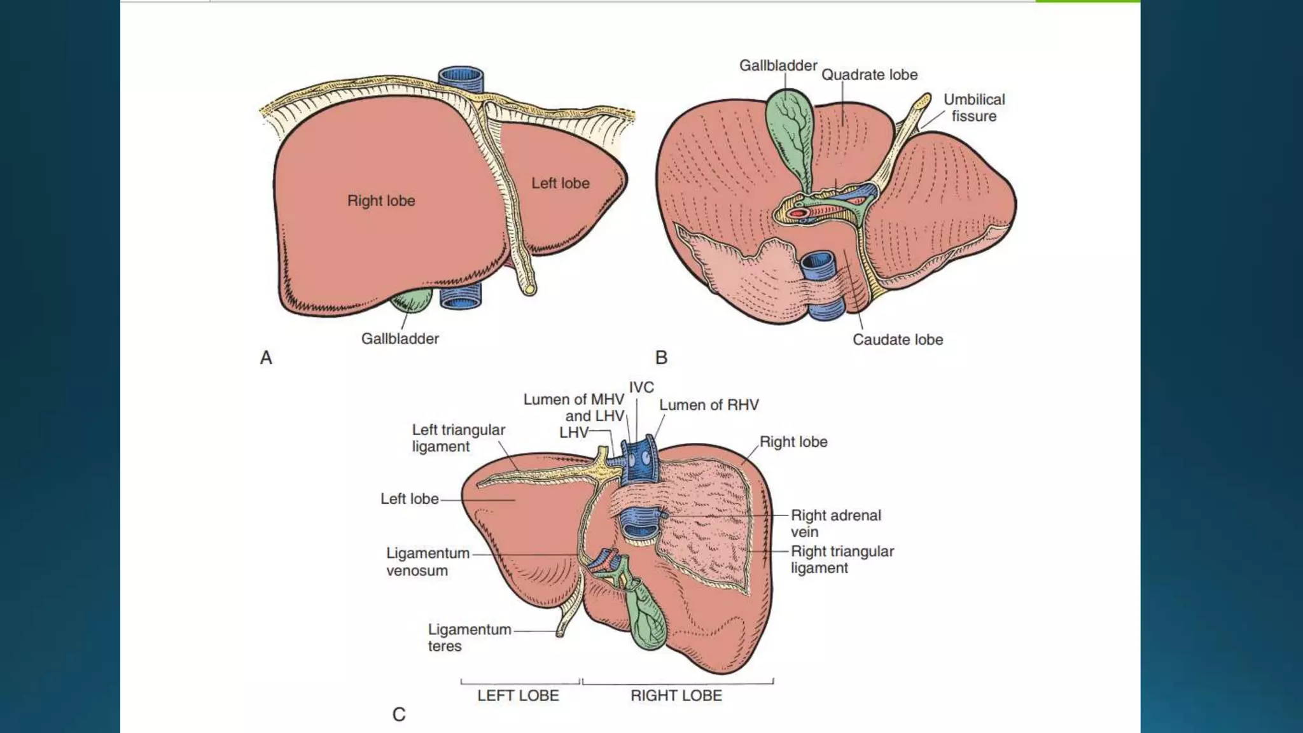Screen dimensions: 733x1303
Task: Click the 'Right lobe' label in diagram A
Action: point(381,201)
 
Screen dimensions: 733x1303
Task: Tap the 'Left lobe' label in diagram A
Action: point(561,183)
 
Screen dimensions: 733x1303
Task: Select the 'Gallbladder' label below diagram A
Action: point(400,339)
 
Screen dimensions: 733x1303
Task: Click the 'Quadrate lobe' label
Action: point(869,75)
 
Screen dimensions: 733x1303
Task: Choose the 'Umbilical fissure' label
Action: point(973,108)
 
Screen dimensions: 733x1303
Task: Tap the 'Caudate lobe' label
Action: point(897,340)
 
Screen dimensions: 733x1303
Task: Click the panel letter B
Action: point(661,358)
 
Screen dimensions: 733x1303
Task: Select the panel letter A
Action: point(266,358)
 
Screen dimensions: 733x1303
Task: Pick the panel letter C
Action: point(399,715)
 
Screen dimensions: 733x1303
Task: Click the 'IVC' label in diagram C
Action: point(641,387)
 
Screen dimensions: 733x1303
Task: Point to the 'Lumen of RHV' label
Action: point(709,405)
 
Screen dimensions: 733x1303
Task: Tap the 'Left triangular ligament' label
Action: point(458,438)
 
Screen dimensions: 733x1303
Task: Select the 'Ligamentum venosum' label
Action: point(428,562)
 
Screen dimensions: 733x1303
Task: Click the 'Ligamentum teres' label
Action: point(469,638)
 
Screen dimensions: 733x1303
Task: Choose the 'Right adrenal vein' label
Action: point(835,524)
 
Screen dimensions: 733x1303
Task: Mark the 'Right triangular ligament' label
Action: point(842,560)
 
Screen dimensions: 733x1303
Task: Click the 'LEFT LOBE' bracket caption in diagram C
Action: point(518,695)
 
